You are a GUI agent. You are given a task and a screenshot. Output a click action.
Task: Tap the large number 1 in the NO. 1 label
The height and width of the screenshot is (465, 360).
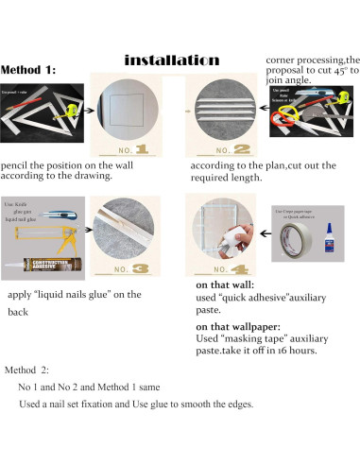coord(142,149)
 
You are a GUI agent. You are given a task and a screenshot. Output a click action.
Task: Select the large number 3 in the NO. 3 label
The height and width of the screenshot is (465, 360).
coord(142,268)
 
